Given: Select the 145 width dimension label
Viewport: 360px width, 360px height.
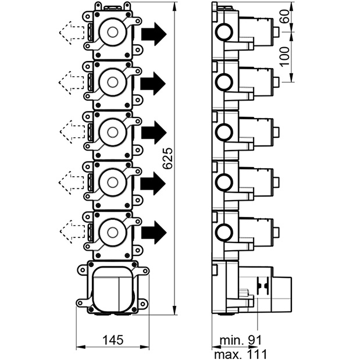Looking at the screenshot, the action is (113, 340).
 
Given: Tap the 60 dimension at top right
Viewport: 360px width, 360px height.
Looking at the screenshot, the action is (285, 16).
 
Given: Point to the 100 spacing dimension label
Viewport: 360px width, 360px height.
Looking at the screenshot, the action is (285, 57).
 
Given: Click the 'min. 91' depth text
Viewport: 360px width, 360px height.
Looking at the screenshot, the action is (240, 340).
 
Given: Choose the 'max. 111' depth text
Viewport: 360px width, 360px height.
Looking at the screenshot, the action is (240, 354).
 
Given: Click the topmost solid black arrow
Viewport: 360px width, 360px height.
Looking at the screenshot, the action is (154, 34).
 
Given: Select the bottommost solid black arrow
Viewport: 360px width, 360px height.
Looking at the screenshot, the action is (154, 233).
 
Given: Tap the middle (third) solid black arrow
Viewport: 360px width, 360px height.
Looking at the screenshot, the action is (154, 133).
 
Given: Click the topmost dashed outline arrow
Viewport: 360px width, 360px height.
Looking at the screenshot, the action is (72, 33).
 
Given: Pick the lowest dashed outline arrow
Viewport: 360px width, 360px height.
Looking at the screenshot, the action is (72, 231).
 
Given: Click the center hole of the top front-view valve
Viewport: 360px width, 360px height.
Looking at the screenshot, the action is (112, 32).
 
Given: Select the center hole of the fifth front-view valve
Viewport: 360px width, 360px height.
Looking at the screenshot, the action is (112, 232).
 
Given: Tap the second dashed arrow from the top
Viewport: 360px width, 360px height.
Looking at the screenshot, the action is (72, 83).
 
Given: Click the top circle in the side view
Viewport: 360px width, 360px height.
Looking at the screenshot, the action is (224, 32).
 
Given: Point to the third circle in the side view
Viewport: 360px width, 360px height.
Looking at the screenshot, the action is (224, 133).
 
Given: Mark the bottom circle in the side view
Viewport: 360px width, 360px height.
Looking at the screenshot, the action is (224, 233).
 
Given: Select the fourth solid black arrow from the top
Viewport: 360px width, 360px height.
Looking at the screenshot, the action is (153, 183).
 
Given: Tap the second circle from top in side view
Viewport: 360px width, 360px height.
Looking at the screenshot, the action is (224, 82).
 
